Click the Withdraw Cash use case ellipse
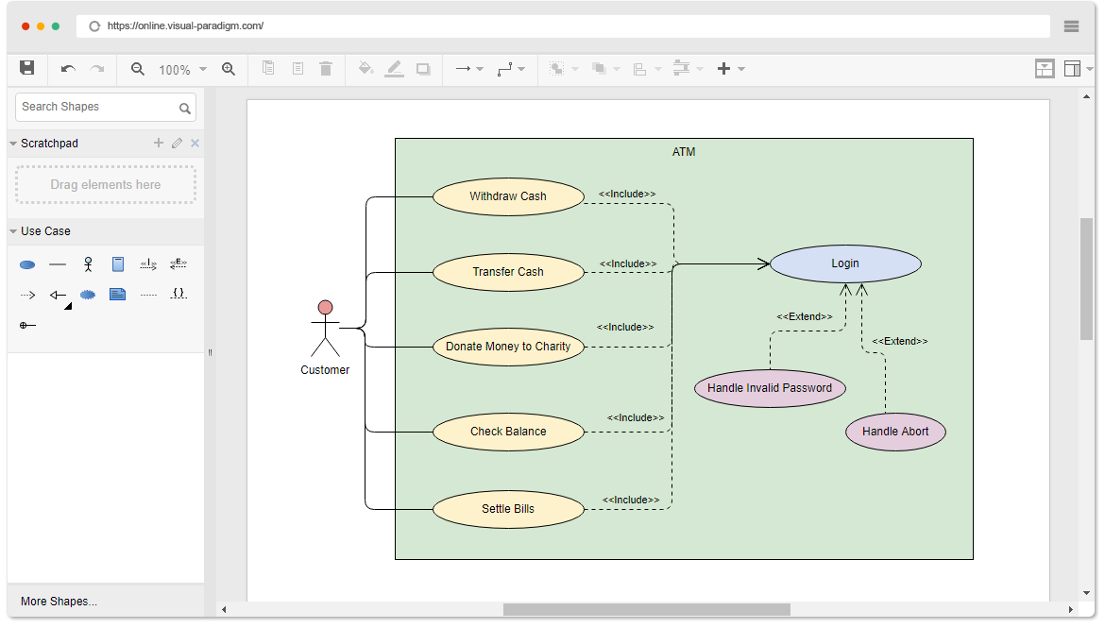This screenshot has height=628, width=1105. [508, 196]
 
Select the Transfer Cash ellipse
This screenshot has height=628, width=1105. [508, 272]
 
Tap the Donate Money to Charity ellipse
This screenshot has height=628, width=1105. [508, 347]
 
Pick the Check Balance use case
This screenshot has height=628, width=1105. [508, 432]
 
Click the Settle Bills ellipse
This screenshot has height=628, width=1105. [508, 509]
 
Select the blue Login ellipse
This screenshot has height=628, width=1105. [845, 263]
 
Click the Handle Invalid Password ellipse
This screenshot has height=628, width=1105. [770, 388]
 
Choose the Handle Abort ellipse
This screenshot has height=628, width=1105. [895, 432]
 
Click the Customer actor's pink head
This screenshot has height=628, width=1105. [325, 307]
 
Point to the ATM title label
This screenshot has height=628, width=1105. [684, 152]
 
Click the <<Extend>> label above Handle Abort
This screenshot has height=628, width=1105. [899, 341]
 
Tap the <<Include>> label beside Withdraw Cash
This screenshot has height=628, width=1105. [627, 194]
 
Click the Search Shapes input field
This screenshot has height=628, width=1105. [96, 107]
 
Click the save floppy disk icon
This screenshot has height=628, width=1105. [27, 68]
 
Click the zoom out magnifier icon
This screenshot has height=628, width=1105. [138, 69]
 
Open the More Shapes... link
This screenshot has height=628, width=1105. [59, 602]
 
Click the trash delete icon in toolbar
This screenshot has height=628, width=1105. [326, 69]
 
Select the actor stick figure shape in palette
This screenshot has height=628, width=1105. [88, 264]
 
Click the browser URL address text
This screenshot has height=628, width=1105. [185, 26]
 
